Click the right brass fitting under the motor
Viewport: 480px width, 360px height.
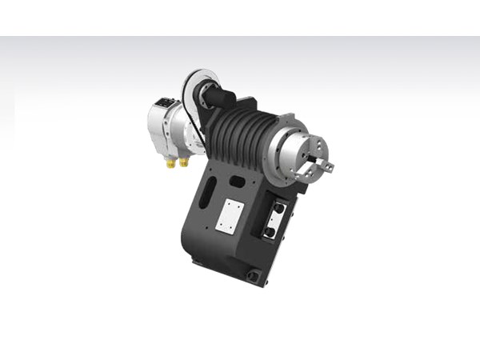coord(183,162)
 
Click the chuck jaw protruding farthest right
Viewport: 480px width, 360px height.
coord(328,166)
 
